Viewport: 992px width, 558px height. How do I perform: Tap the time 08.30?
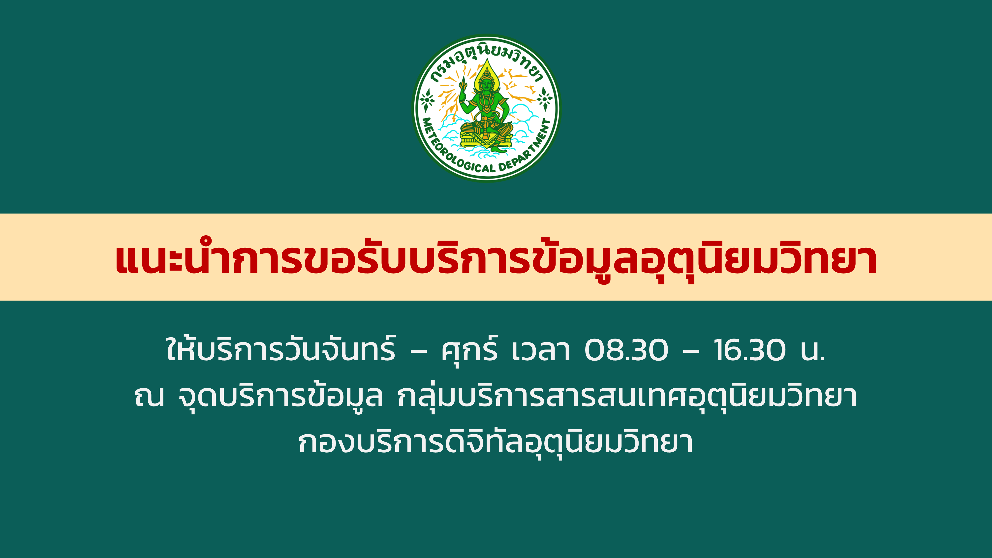(626, 350)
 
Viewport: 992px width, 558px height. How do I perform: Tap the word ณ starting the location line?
(149, 396)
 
